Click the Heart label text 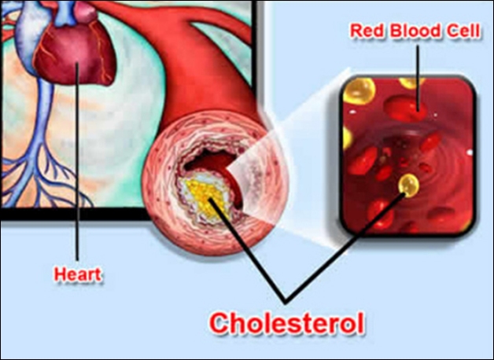pos(78,274)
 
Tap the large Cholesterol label pos(287,323)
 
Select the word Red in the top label pos(368,31)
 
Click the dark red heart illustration pos(75,53)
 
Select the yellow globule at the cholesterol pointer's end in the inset pos(408,185)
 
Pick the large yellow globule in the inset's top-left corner pos(359,90)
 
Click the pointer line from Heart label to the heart pos(77,161)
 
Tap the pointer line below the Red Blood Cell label pos(418,78)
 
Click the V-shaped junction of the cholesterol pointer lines pos(286,302)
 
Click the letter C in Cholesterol pos(221,323)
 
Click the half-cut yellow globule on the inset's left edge pos(347,138)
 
